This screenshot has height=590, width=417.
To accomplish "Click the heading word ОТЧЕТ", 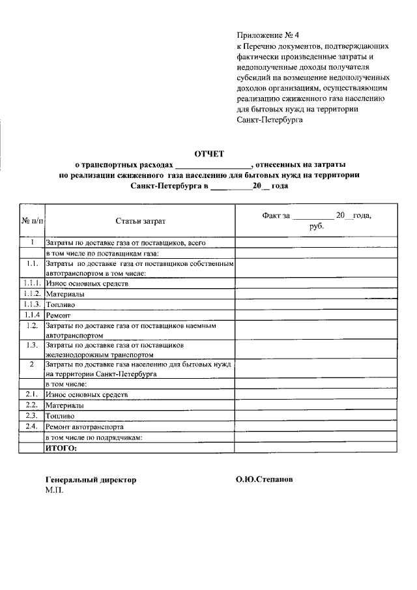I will coord(209,154).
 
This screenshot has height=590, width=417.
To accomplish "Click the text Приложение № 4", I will coord(266,36).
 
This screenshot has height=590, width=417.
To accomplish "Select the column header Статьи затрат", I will coord(141,222).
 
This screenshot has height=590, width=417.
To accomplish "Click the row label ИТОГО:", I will coord(61,449).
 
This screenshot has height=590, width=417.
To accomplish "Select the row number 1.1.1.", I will coord(32,284).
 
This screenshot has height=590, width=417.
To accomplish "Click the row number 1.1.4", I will coord(32,315).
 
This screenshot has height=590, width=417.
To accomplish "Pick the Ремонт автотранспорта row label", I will coord(81,426).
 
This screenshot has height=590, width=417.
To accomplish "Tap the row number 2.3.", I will coord(31,415).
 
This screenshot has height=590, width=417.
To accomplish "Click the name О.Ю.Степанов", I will coord(265,479).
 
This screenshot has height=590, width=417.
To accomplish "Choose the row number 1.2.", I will coord(31,325).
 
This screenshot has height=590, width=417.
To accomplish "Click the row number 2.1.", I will coord(31,394).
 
